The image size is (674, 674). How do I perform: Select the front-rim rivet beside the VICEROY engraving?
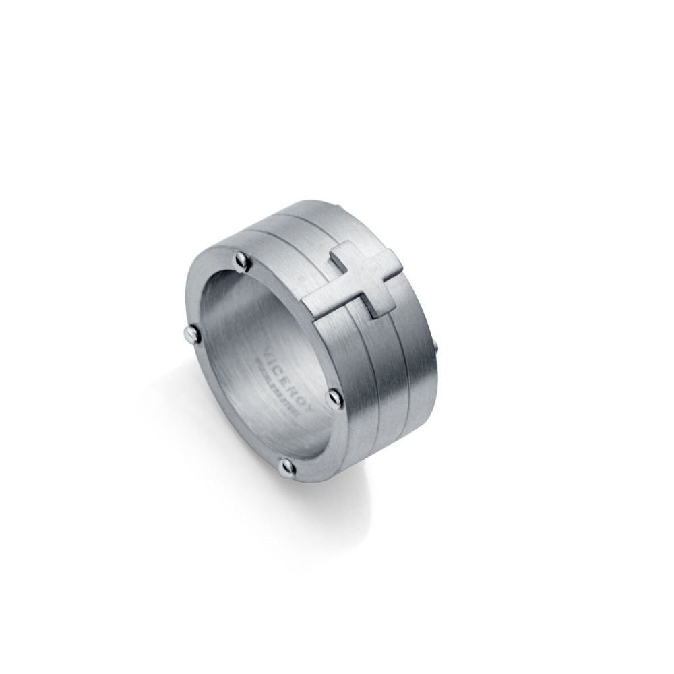click(334, 398)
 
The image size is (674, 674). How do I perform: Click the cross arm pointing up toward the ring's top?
click(344, 254)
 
